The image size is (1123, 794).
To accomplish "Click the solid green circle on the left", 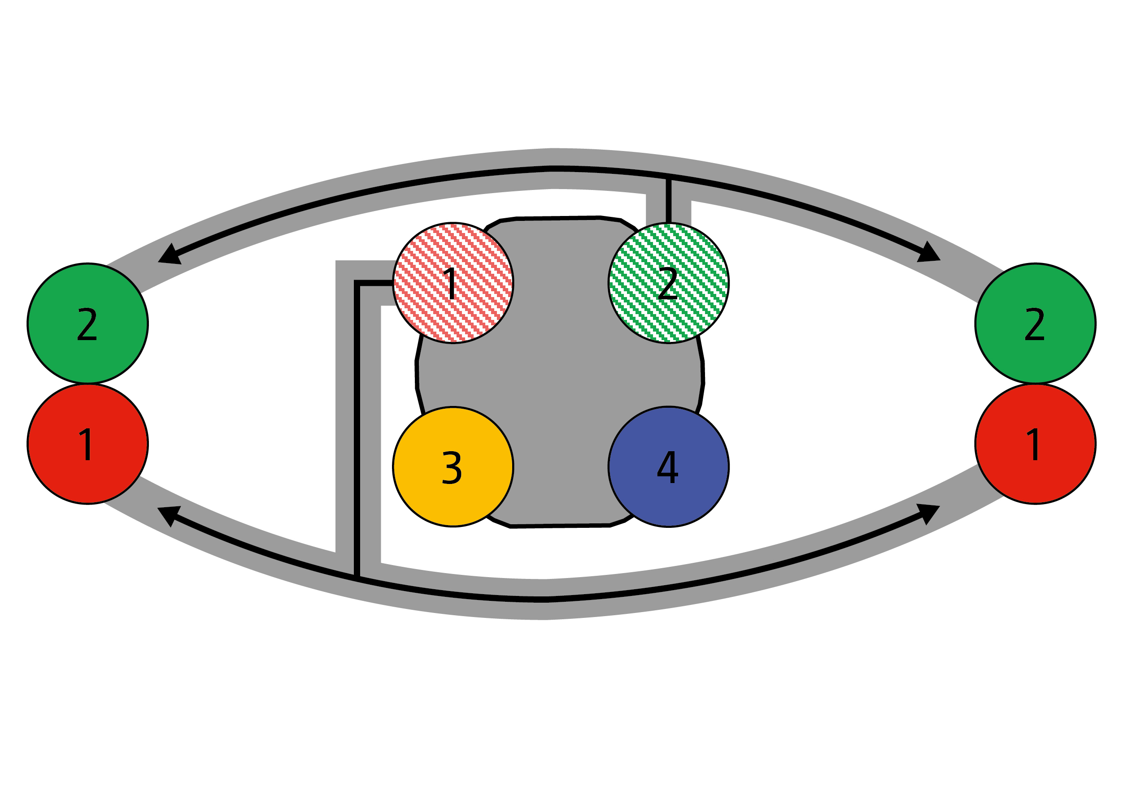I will (x=87, y=323).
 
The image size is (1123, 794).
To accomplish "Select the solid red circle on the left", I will (x=87, y=444).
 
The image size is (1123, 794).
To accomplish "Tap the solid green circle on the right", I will (x=1035, y=323).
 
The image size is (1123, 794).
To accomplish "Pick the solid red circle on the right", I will (x=1035, y=444).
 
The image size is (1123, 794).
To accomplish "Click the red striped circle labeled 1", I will (x=453, y=283).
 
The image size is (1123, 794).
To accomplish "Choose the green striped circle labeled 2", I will (x=668, y=283).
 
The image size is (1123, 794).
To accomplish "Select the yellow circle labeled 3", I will (x=453, y=466).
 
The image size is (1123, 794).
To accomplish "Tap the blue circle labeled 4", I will (x=668, y=466).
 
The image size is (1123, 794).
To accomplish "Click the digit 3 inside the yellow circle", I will (x=452, y=467).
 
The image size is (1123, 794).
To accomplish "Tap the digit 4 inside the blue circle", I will (x=667, y=466).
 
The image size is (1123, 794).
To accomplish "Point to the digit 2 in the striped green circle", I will (x=667, y=284).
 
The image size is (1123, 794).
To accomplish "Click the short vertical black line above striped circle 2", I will (x=668, y=200).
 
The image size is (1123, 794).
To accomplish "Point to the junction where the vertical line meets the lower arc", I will (x=357, y=578).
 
